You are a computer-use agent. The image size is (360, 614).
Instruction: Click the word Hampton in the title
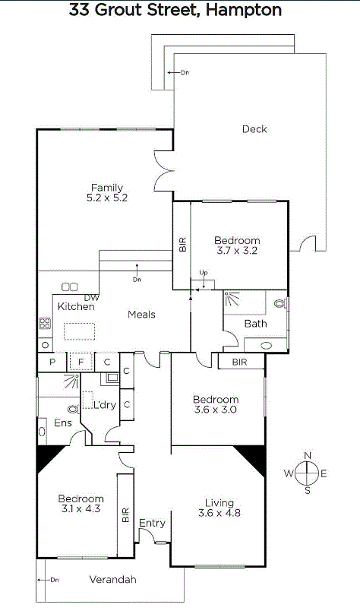pos(243,10)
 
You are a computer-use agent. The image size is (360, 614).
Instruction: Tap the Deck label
pos(254,129)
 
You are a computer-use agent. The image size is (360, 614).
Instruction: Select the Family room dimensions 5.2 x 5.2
pos(107,198)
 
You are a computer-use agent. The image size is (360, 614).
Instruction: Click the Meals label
pos(142,315)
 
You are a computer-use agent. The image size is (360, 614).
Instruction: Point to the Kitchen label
pos(76,306)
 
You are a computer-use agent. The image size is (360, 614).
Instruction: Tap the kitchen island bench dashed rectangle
pos(80,331)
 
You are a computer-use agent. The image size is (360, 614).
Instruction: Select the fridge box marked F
pos(81,362)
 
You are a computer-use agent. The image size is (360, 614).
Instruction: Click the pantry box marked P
pos(52,362)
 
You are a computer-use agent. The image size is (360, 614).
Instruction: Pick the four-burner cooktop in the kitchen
pos(45,324)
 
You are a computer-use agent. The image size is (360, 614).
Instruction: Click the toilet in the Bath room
pos(280,303)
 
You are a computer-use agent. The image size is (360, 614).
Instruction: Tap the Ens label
pos(63,423)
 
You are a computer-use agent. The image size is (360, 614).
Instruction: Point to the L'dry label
pos(105,405)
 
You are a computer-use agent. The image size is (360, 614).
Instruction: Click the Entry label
pos(152,523)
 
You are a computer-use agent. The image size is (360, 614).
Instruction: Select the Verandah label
pos(112,579)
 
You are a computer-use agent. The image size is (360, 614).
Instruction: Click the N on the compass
pos(308,455)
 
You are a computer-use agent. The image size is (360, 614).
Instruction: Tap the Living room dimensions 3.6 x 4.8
pos(219,513)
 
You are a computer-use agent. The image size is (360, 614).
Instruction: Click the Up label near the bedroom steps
pos(203,272)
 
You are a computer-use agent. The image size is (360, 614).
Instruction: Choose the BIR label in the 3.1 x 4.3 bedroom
pos(125,514)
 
